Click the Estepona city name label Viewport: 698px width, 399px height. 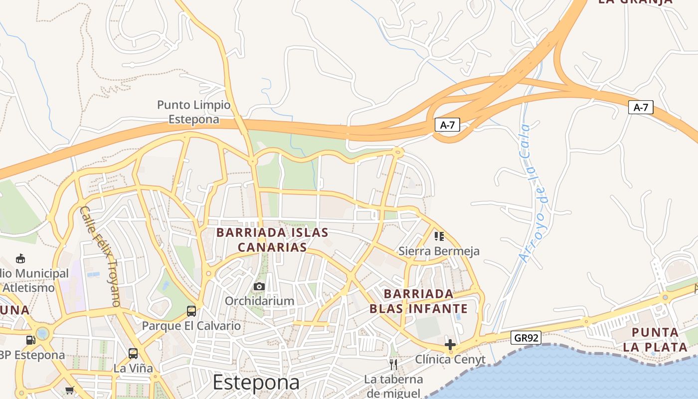256,383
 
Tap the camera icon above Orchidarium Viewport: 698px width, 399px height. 259,286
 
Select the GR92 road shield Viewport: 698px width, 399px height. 526,338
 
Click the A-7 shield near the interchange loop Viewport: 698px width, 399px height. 447,125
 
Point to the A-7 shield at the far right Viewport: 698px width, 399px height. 641,107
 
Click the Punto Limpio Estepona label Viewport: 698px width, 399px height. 194,112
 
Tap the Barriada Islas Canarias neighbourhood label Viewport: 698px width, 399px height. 272,240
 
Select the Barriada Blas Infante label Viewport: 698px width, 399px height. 419,301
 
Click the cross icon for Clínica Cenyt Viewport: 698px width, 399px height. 450,345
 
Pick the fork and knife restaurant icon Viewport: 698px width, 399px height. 393,365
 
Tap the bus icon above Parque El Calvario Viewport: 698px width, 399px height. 191,311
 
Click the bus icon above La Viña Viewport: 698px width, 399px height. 133,354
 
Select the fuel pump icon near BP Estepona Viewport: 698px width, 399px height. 31,340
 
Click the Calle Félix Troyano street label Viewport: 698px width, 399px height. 100,256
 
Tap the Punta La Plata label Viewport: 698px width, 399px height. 655,339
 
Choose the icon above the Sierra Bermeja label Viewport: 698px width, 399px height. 439,236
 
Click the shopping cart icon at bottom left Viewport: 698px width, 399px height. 69,390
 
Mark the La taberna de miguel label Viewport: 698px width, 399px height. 393,386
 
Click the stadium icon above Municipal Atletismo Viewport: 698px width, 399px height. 20,258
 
